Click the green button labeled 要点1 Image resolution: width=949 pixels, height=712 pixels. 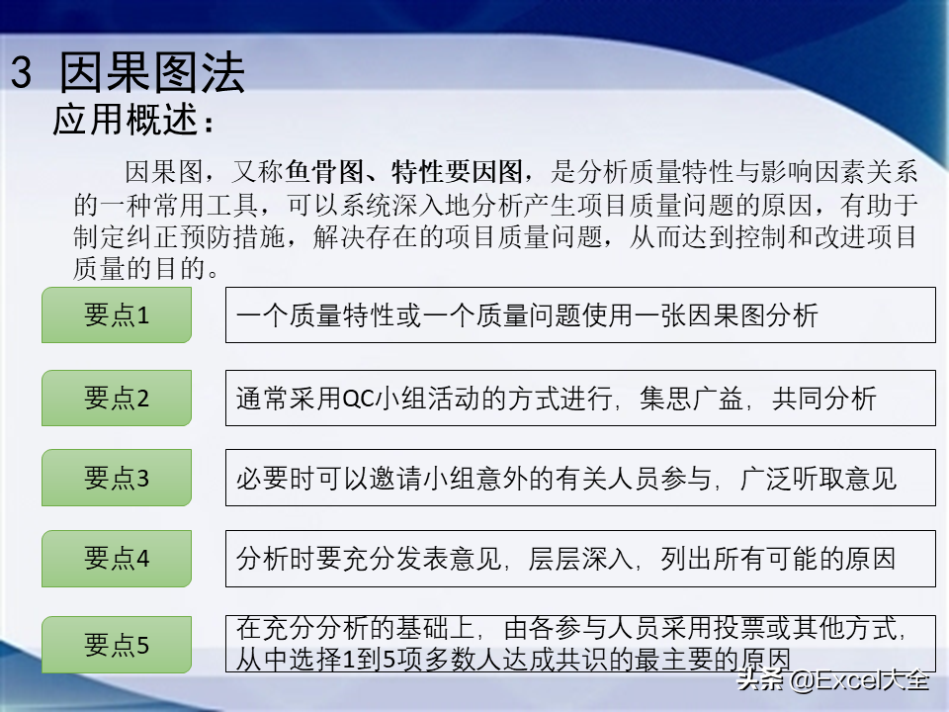click(x=117, y=314)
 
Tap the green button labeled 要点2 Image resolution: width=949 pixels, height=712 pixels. click(x=117, y=398)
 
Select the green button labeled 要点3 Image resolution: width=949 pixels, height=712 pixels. click(x=117, y=478)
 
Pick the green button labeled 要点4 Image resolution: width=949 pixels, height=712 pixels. click(x=117, y=558)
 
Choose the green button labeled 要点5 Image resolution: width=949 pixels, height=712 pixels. click(x=117, y=644)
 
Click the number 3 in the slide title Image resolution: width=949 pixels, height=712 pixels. click(x=21, y=72)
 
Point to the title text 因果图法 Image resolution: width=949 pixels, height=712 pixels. click(x=152, y=72)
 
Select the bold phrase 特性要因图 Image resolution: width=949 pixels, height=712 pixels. click(x=457, y=172)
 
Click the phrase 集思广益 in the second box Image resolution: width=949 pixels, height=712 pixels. click(x=691, y=399)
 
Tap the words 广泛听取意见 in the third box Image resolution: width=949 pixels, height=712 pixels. click(x=818, y=479)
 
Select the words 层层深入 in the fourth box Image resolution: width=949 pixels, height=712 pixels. click(x=580, y=558)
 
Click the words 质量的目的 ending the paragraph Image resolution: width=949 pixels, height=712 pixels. click(x=139, y=268)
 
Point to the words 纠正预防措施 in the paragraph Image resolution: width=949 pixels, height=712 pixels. click(x=206, y=236)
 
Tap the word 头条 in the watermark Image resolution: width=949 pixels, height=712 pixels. click(x=760, y=680)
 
